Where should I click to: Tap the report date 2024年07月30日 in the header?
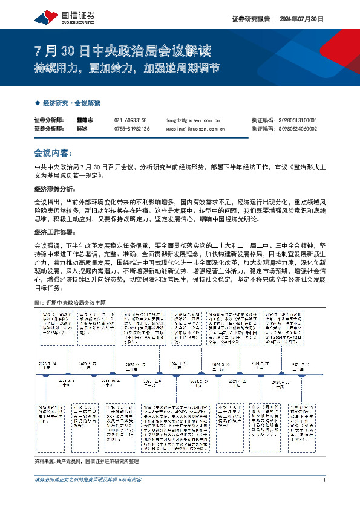[x=302, y=19]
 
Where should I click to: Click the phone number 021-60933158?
[x=130, y=120]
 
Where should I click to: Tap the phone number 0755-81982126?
[x=131, y=129]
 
